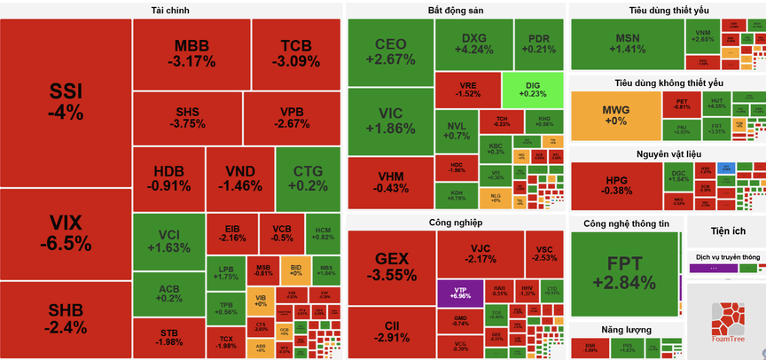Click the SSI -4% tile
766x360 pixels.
(x=66, y=102)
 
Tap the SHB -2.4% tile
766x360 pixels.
(x=66, y=319)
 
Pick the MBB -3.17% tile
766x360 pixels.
(x=191, y=53)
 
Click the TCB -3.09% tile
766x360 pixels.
(x=295, y=53)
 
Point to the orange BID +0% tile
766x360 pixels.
(x=294, y=270)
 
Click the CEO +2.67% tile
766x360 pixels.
(x=390, y=51)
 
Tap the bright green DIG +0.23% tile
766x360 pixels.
(x=532, y=89)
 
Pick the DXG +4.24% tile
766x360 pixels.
(x=477, y=44)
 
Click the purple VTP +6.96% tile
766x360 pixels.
(x=459, y=292)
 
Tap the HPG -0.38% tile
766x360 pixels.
(x=614, y=184)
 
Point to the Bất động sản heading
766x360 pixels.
(x=454, y=10)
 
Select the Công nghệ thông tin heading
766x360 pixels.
(x=626, y=223)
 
